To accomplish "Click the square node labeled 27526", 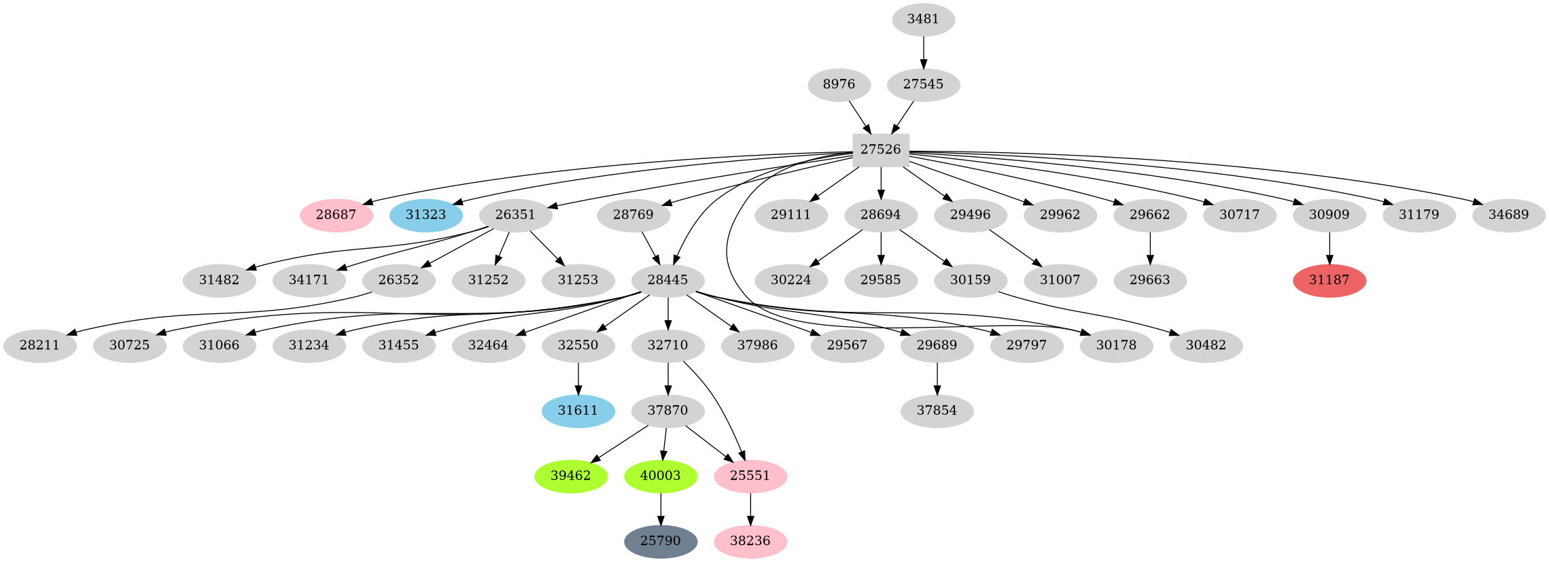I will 881,150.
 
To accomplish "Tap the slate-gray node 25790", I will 660,542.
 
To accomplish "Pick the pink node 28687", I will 336,215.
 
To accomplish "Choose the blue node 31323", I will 426,215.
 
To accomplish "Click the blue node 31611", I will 578,411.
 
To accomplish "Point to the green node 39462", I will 570,476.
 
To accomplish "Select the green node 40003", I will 660,476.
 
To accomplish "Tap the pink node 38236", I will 750,542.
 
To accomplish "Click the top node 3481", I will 923,20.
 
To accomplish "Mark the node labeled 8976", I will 839,85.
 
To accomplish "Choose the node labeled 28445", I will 667,281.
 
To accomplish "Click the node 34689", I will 1508,215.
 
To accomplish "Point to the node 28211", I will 39,346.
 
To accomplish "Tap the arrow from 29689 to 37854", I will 937,379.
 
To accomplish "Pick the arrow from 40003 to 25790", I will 660,509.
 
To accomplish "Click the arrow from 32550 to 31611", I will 578,379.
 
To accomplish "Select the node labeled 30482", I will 1206,346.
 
